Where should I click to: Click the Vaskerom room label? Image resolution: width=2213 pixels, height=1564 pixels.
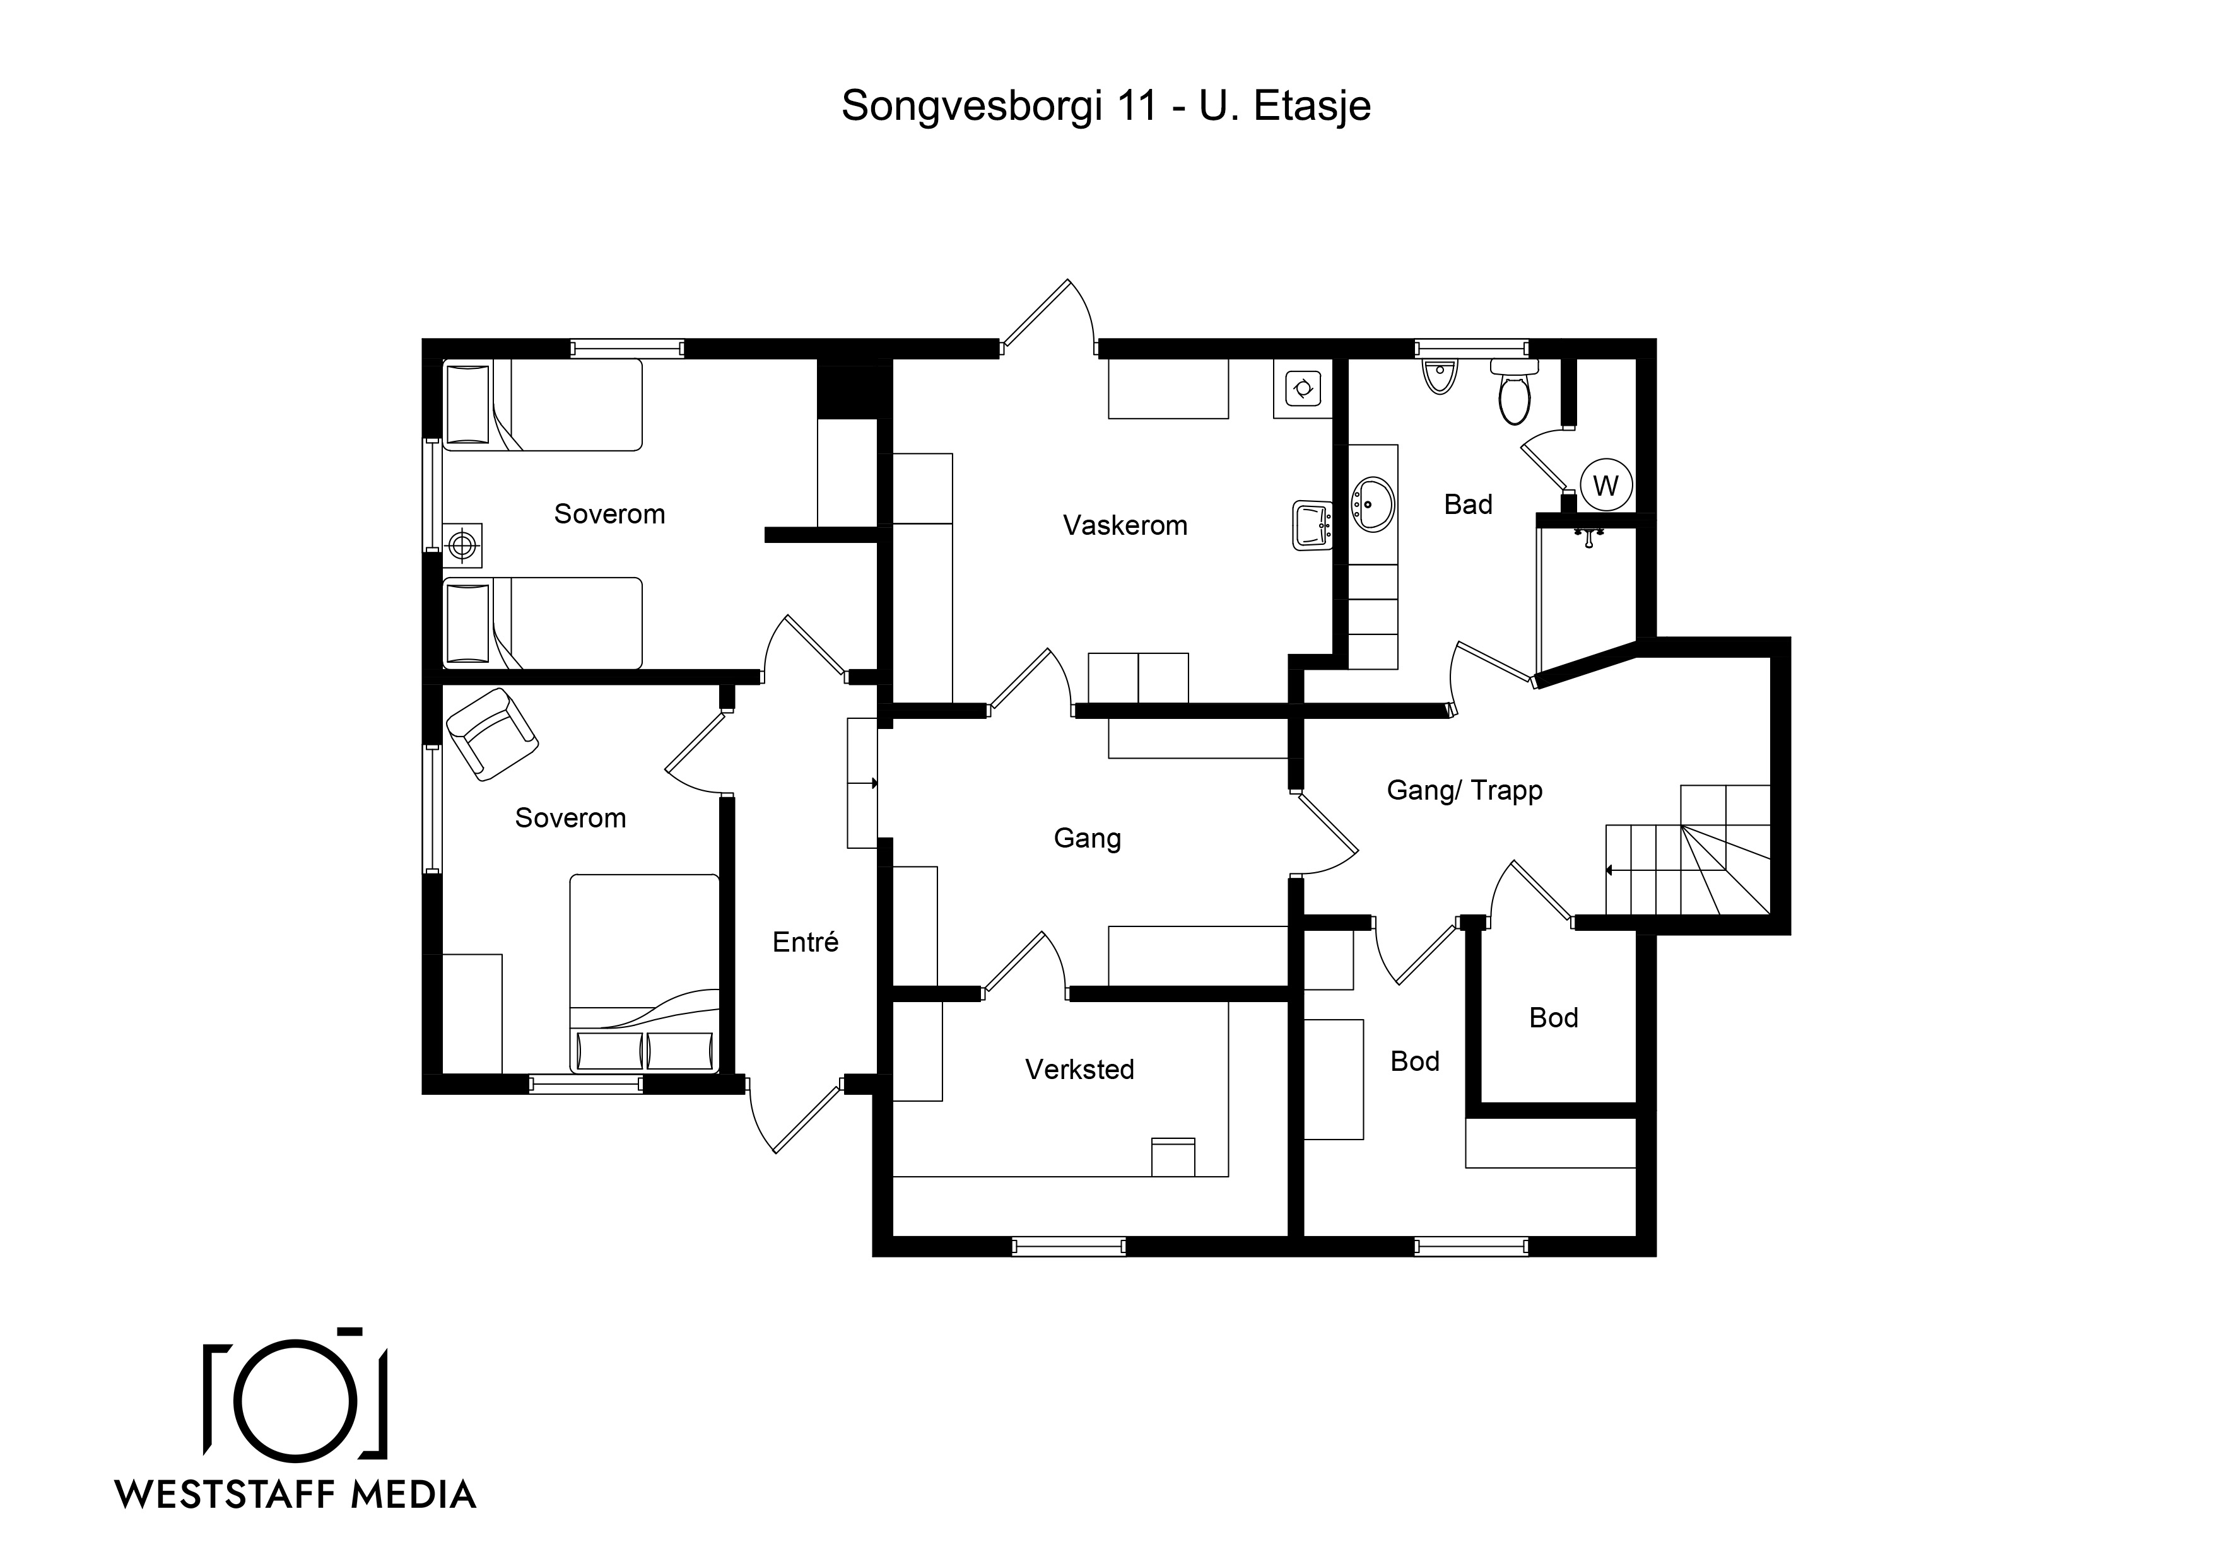click(x=1125, y=525)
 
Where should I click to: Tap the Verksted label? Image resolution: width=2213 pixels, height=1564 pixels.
click(x=1079, y=1069)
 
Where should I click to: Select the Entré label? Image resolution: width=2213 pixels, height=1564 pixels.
click(x=805, y=942)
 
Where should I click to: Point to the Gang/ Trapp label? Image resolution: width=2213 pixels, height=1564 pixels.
click(x=1464, y=790)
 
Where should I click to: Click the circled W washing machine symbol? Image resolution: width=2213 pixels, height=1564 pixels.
click(x=1605, y=486)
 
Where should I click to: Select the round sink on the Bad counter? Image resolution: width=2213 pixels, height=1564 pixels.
click(x=1373, y=504)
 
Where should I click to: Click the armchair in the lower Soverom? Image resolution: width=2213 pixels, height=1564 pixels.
click(x=491, y=733)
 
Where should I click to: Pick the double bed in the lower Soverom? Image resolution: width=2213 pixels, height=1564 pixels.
click(x=644, y=973)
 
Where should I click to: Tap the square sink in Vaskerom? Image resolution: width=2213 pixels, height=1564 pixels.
click(x=1312, y=525)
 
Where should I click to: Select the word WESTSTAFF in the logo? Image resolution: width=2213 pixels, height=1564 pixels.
click(x=226, y=1495)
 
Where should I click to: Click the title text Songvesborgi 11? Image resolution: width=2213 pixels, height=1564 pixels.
click(x=999, y=106)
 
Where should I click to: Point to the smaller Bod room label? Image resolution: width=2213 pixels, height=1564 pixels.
click(x=1554, y=1018)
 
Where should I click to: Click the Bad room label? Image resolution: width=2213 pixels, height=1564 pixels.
click(x=1468, y=504)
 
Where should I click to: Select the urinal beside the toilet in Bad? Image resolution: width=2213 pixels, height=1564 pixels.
click(x=1439, y=376)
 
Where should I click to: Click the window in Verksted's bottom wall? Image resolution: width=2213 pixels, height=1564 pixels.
click(x=1069, y=1246)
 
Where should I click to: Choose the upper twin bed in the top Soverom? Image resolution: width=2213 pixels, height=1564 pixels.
click(x=543, y=405)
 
